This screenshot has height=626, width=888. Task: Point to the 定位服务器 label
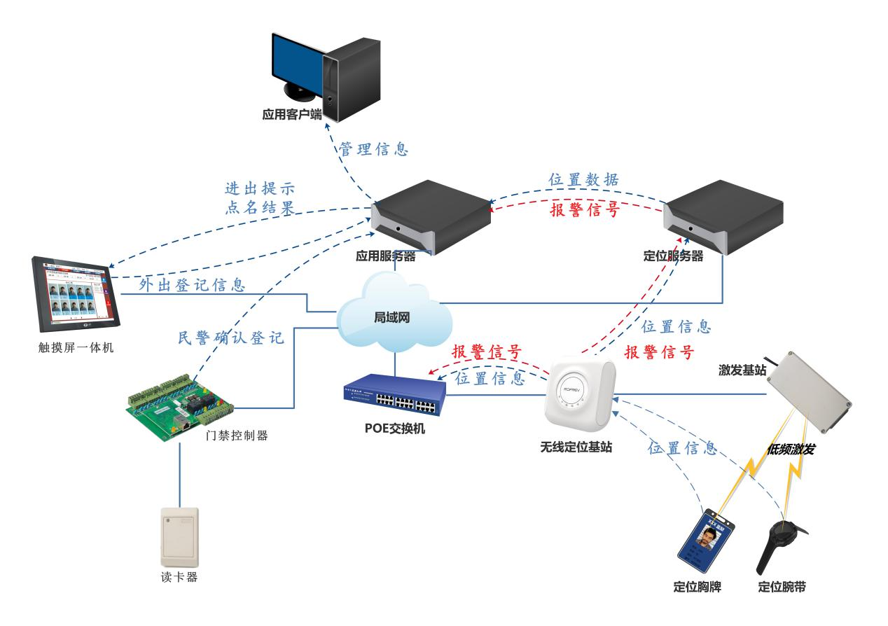coord(672,257)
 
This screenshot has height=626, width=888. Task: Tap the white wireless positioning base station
coord(580,396)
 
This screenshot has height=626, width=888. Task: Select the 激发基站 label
coord(741,368)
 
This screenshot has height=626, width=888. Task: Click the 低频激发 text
coord(791,449)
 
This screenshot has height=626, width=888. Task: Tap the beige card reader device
coord(179,537)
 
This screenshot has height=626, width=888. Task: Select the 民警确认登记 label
coord(231,338)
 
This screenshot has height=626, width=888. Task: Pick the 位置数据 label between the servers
coord(583,179)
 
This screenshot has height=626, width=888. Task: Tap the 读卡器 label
coord(180,578)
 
